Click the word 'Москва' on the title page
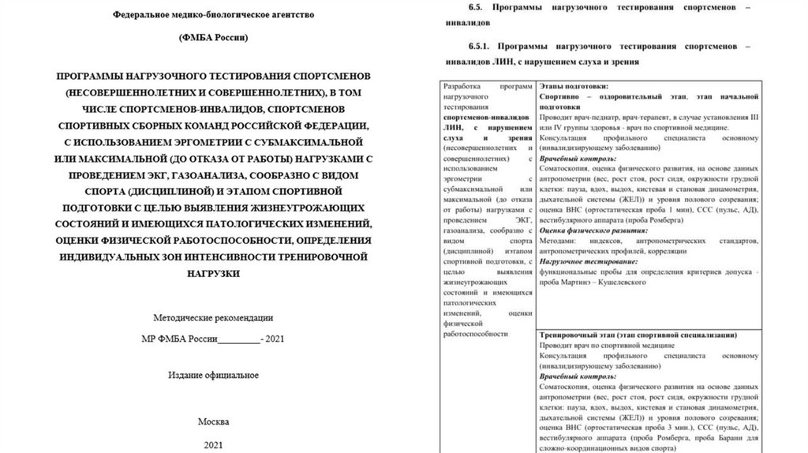[x=213, y=421]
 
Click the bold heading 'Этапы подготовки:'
[x=574, y=85]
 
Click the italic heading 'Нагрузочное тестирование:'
[x=582, y=260]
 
